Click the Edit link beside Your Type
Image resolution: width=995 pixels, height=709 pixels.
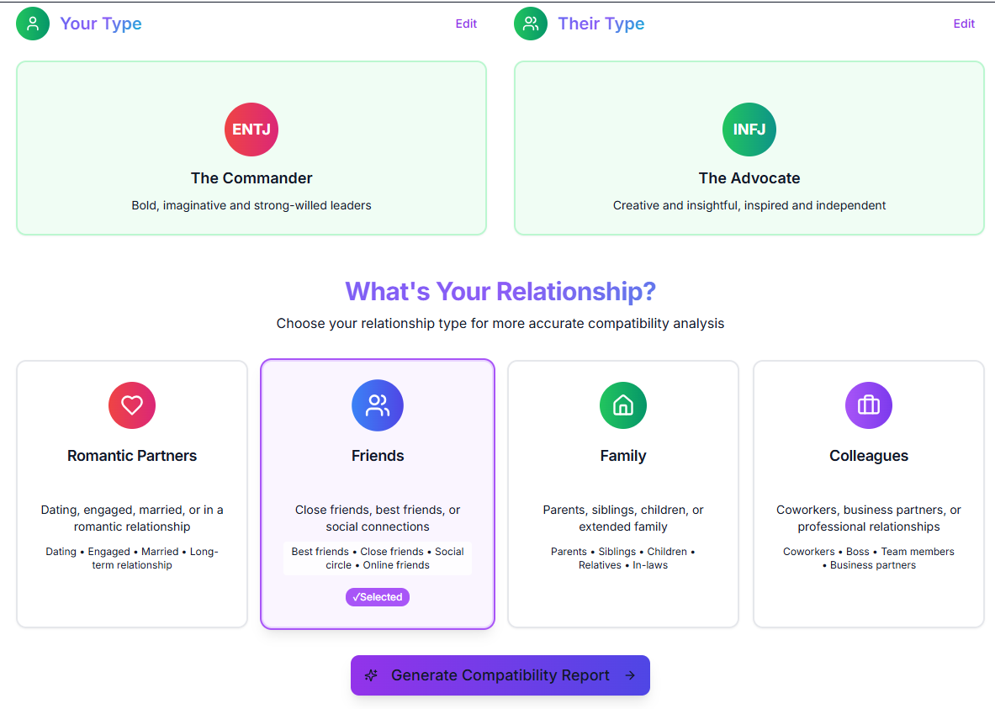[466, 24]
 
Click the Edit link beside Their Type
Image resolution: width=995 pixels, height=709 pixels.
[964, 24]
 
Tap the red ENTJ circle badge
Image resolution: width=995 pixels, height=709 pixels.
[251, 130]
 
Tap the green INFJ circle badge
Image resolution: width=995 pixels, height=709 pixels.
[749, 130]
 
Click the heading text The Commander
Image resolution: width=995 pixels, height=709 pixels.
[251, 178]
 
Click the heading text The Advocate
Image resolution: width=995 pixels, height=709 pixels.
[749, 178]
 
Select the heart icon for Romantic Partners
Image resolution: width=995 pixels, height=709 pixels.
[132, 405]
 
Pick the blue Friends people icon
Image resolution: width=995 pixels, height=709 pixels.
[378, 405]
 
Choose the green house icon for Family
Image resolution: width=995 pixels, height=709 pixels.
[623, 405]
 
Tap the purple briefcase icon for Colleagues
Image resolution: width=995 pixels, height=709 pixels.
[869, 405]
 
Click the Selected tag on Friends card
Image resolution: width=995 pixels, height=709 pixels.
[378, 597]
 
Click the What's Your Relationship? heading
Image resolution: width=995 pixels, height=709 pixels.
[500, 292]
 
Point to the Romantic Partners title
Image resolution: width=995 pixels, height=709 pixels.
[132, 456]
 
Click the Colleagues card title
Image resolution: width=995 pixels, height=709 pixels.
[869, 456]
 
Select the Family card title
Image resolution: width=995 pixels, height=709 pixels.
[623, 456]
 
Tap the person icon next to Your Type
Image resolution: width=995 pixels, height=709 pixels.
[33, 24]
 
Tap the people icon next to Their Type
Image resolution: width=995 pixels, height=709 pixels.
[531, 24]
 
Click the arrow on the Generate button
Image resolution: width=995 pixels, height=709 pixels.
[630, 675]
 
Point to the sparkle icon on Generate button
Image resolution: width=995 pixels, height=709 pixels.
[371, 675]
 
